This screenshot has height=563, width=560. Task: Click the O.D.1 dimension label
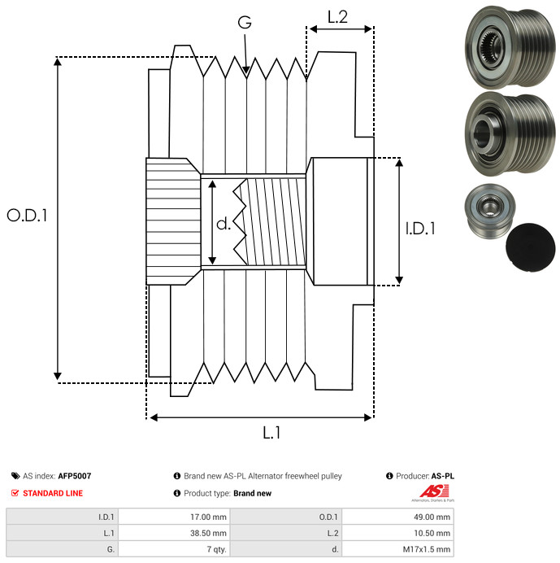28,216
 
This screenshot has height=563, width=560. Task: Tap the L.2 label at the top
337,15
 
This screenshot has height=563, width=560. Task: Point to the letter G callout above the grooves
244,23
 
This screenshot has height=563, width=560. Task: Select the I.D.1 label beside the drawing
420,229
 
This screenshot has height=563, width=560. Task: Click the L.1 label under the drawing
271,434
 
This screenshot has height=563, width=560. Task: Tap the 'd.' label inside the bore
224,223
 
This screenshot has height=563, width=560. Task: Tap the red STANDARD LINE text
52,493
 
